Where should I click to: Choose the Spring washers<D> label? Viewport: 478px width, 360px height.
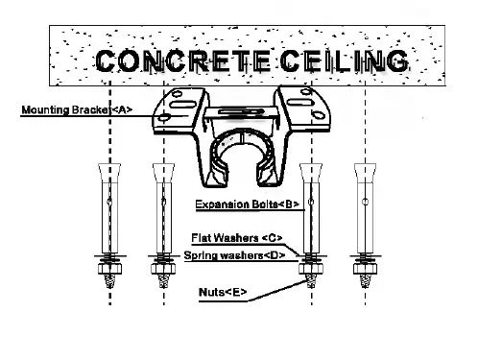(234, 255)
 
